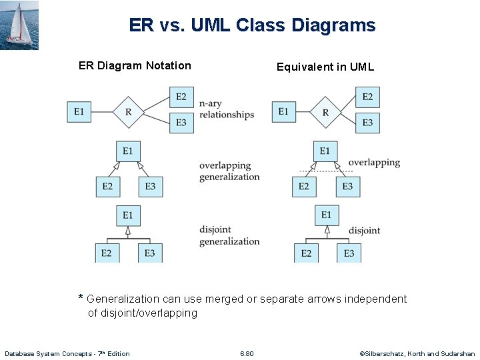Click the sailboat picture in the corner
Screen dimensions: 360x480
point(19,25)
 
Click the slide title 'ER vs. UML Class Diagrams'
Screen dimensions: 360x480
point(252,26)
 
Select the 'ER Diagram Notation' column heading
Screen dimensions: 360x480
point(135,65)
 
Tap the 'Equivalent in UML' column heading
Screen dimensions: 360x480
point(325,67)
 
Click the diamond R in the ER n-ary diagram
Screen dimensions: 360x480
point(128,111)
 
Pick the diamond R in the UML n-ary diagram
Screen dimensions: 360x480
point(325,112)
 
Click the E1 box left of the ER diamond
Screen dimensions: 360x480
point(79,111)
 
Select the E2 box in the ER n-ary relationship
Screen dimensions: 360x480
point(181,97)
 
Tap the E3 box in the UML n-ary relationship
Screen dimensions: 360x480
point(367,123)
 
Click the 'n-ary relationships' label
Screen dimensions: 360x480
point(227,109)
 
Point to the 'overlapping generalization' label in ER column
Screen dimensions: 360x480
point(229,171)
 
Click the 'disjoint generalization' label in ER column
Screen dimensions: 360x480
point(229,235)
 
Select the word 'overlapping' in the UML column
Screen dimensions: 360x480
point(374,162)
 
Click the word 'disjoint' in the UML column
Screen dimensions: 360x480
point(364,231)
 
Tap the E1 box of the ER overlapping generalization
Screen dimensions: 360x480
point(127,151)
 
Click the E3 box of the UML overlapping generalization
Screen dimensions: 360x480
point(347,186)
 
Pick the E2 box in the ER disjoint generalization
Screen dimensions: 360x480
point(107,253)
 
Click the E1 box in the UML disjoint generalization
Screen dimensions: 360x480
point(326,215)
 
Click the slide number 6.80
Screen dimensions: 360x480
point(247,353)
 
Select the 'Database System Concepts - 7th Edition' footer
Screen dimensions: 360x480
point(67,353)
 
